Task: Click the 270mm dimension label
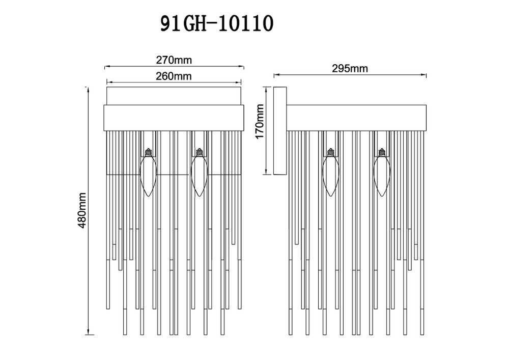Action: [174, 60]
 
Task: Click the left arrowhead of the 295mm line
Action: [276, 76]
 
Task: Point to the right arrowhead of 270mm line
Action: [242, 67]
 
